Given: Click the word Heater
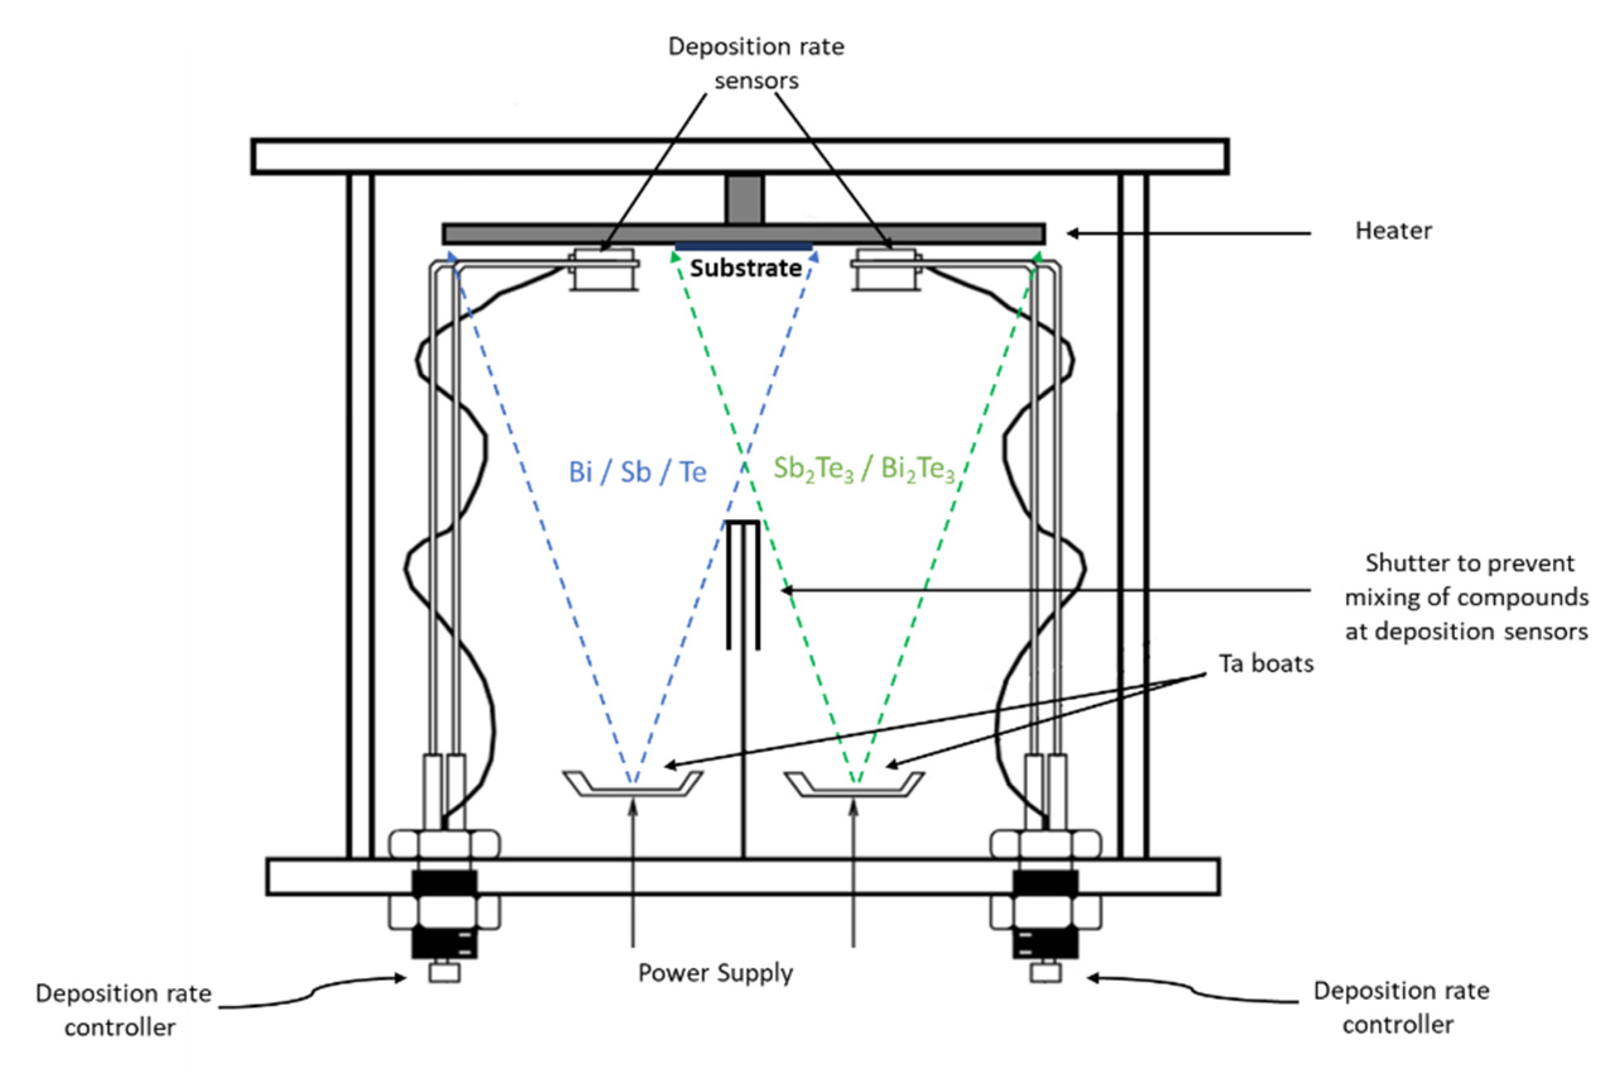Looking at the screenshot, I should click(1392, 231).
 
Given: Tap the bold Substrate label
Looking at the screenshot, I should click(745, 268).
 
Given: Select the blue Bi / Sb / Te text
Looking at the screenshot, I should click(637, 472).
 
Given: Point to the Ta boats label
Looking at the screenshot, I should click(1266, 663).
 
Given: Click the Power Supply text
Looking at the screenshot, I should click(715, 973).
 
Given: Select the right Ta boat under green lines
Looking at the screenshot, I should click(854, 784).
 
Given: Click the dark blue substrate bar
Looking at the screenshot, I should click(744, 247).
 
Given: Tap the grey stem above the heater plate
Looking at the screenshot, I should click(744, 199).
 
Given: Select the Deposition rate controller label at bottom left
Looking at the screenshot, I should click(123, 1009).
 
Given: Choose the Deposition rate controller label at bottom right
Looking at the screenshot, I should click(1400, 1007).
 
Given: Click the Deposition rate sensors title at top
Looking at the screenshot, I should click(756, 63).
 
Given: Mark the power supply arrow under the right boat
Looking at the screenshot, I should click(853, 875).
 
